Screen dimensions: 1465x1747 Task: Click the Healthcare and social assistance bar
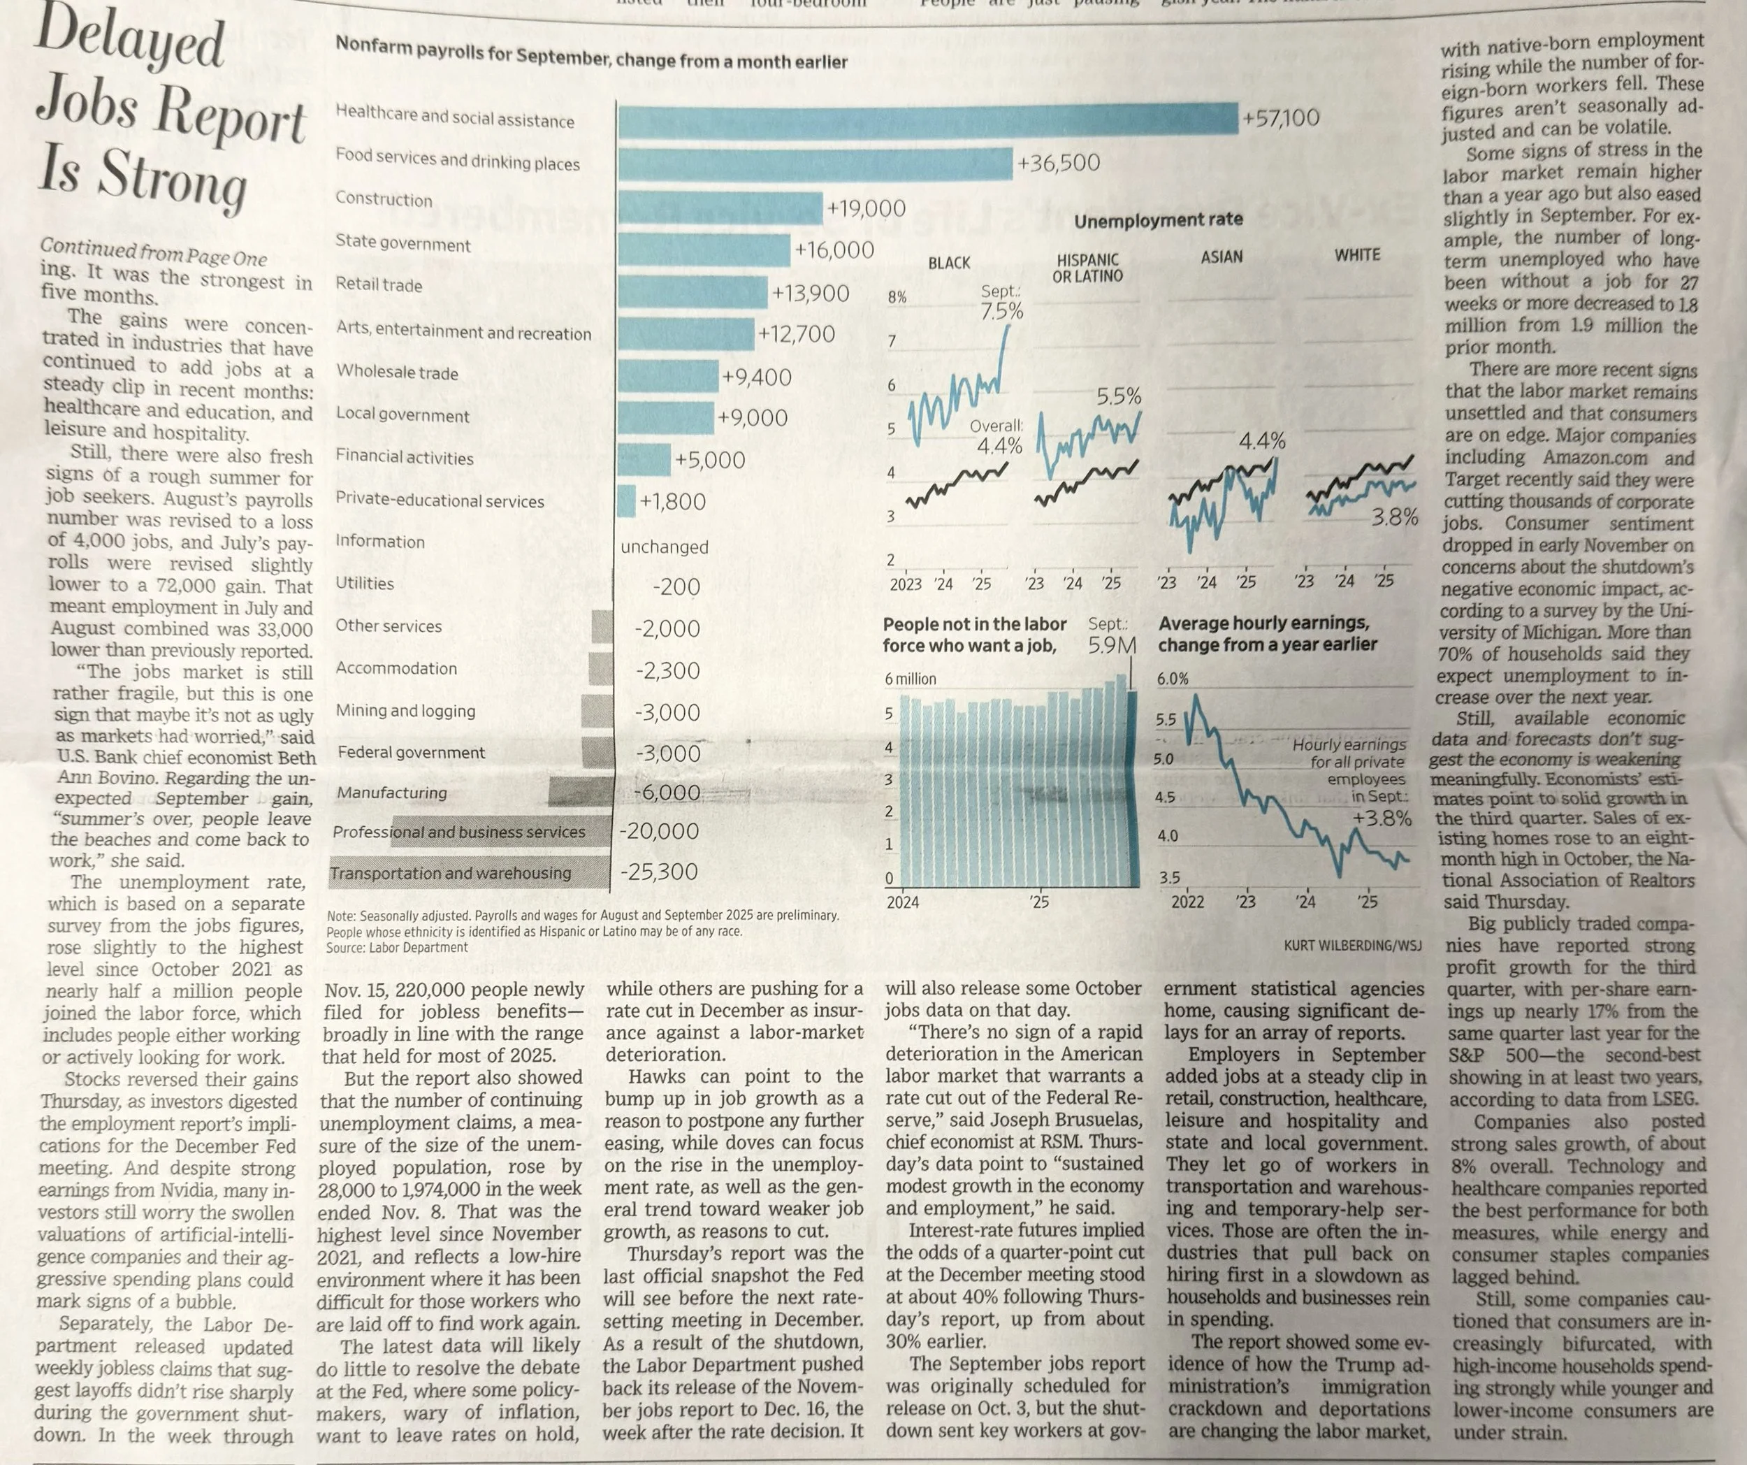click(927, 119)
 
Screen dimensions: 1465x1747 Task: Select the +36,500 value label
click(1058, 163)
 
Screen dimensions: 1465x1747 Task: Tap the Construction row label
click(384, 200)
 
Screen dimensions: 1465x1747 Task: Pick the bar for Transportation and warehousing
click(468, 872)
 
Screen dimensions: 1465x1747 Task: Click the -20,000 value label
click(659, 830)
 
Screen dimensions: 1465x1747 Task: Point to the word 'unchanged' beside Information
click(664, 547)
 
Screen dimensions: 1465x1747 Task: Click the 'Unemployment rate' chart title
click(1158, 220)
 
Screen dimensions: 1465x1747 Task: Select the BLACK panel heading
click(948, 263)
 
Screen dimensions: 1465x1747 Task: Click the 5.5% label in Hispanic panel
click(1119, 397)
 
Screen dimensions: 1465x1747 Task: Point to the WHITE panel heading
click(1357, 255)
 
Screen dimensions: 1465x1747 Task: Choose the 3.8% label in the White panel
click(1394, 517)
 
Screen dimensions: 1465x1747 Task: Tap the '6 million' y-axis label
click(910, 679)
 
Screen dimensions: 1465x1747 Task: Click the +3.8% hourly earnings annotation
click(1381, 818)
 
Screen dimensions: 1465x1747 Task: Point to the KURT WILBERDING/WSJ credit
click(1353, 945)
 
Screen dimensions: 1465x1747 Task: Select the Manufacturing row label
click(391, 793)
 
